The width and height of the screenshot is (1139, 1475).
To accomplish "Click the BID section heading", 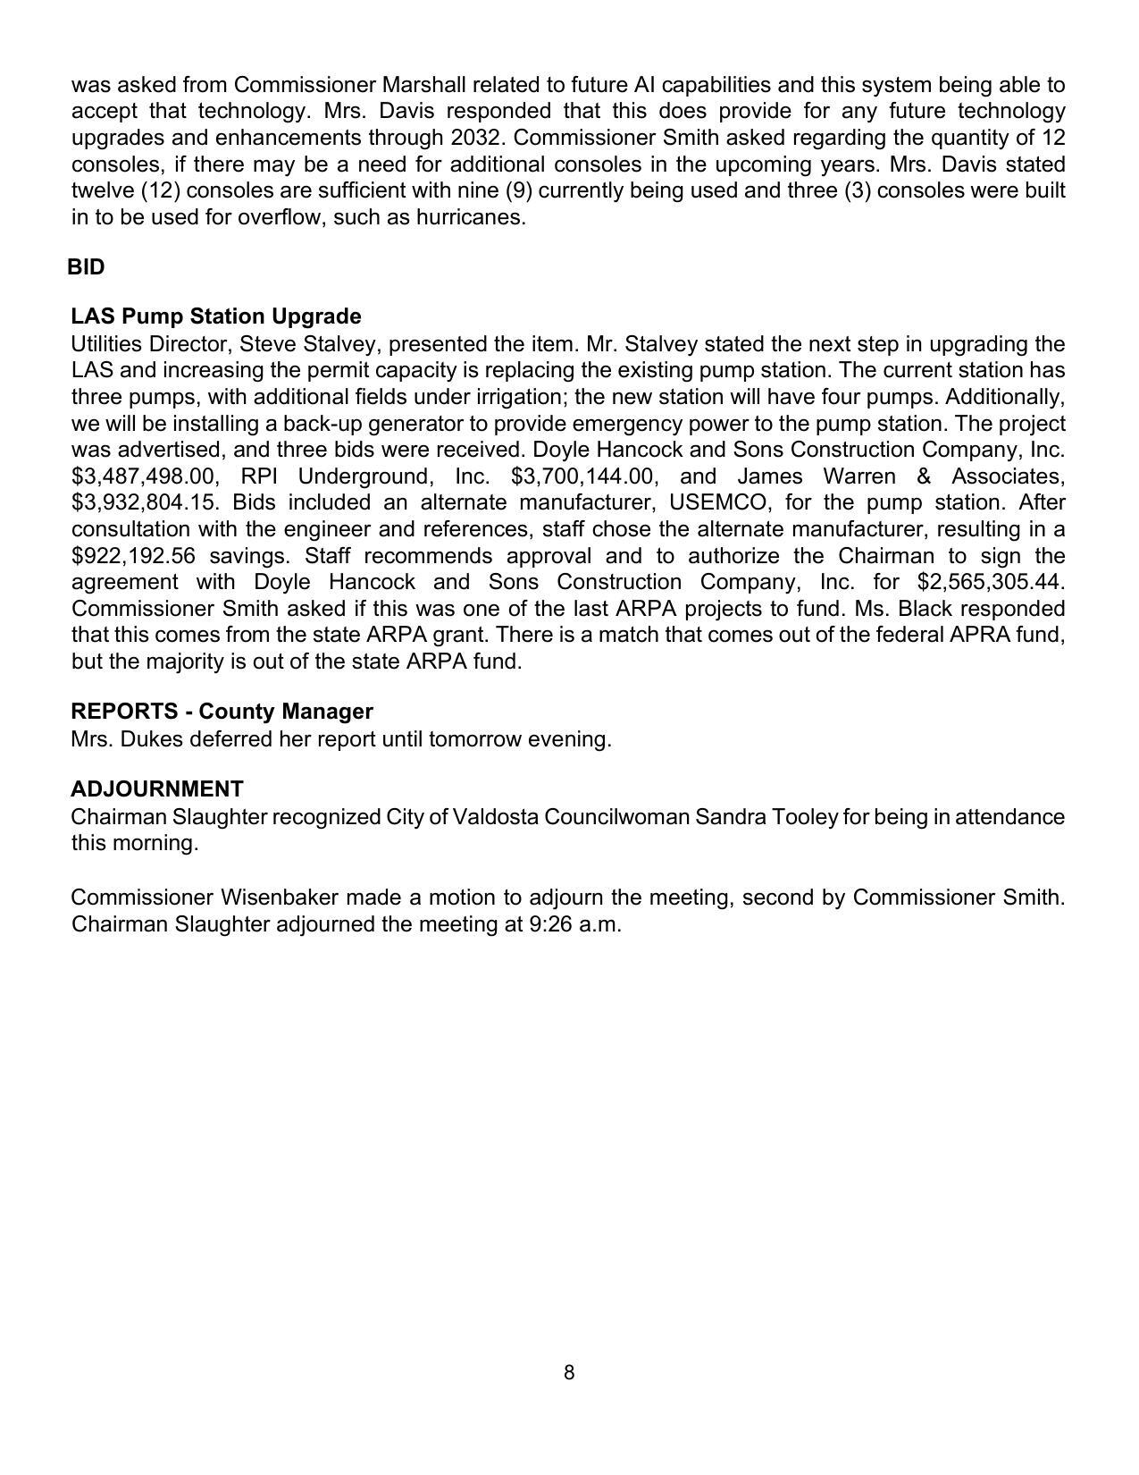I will click(86, 267).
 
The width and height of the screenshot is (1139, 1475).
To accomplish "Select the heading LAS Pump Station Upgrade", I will click(216, 316).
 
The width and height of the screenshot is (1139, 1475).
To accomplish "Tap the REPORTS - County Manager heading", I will click(222, 712).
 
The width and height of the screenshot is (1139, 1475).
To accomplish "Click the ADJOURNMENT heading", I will click(156, 789).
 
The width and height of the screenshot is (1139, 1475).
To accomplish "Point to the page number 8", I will click(569, 1373).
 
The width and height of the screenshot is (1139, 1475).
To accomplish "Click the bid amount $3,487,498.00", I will click(145, 476).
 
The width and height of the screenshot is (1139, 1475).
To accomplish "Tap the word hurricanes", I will click(471, 217).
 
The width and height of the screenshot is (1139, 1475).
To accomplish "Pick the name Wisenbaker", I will click(280, 898).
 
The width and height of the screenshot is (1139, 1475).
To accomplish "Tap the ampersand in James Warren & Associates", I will click(924, 476).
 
